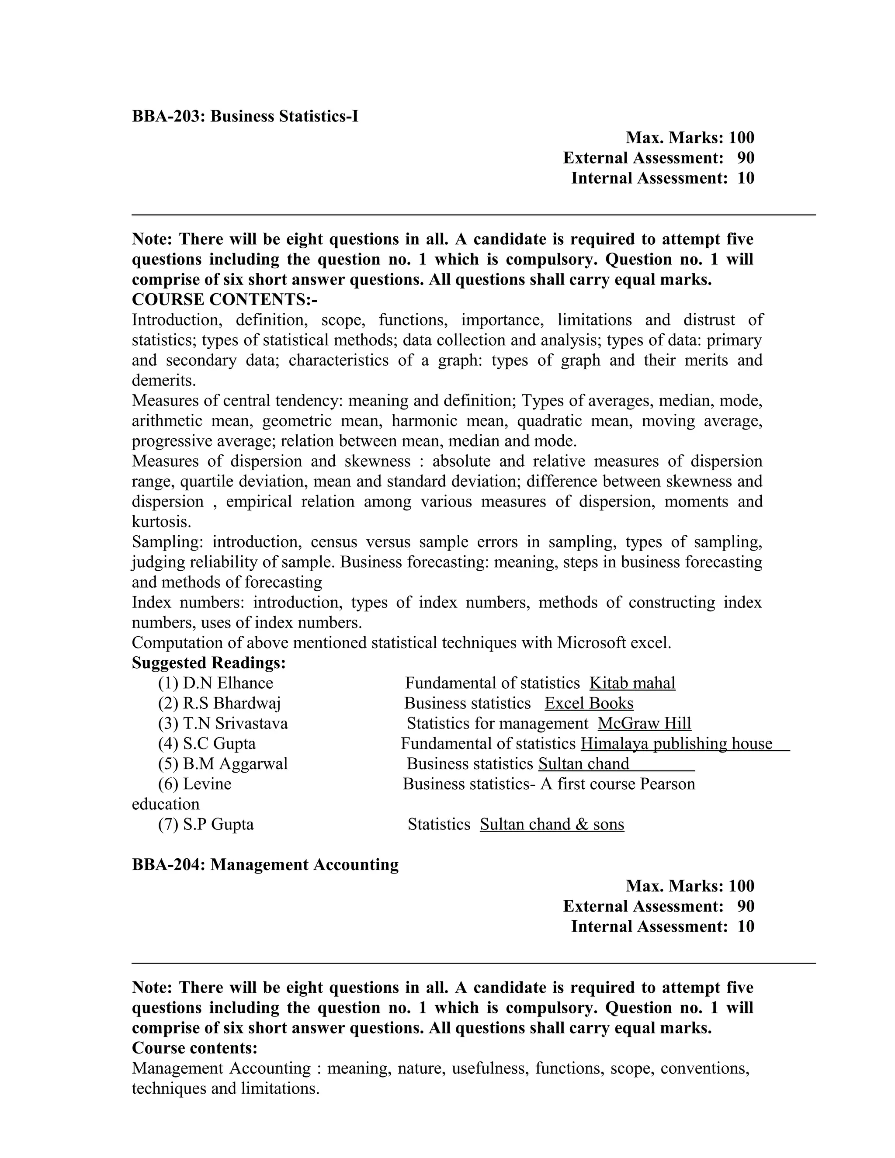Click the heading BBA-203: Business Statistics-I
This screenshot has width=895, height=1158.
[x=245, y=116]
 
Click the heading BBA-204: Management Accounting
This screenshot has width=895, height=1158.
[x=265, y=865]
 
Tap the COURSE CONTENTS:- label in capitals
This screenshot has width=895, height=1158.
[x=224, y=300]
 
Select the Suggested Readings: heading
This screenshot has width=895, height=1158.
[x=208, y=663]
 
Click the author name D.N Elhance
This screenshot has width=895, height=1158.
[x=228, y=683]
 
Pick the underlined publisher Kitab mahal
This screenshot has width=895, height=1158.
[x=632, y=683]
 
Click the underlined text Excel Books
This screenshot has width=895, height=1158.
[x=589, y=703]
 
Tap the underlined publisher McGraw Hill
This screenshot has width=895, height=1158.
[x=644, y=723]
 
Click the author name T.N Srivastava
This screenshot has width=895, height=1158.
[x=236, y=723]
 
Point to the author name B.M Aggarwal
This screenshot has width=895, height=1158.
[x=236, y=763]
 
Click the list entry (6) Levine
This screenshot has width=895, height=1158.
[x=194, y=784]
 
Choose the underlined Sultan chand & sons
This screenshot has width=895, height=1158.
[x=552, y=824]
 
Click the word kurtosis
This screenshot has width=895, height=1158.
[x=161, y=522]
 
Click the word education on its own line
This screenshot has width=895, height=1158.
[x=166, y=804]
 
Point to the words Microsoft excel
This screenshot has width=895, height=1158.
[x=614, y=643]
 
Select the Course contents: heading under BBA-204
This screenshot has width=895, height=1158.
[x=194, y=1048]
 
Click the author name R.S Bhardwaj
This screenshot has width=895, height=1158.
[x=232, y=703]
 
